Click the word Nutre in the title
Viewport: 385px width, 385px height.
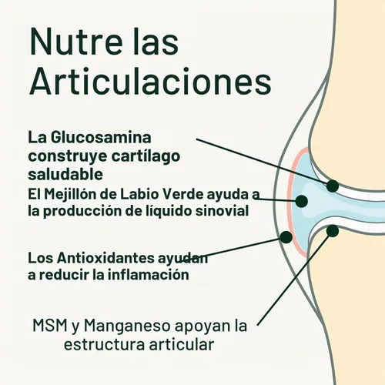[x=76, y=42]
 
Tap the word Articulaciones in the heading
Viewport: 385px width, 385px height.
[x=150, y=81]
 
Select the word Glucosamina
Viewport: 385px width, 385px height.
[x=101, y=138]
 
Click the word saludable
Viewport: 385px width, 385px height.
[x=65, y=174]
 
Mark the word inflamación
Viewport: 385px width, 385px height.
[x=148, y=275]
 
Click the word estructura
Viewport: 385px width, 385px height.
[x=104, y=345]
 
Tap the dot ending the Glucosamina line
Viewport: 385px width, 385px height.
[x=333, y=186]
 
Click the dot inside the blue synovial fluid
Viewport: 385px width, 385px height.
[x=302, y=201]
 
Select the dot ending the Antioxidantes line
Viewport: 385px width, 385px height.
[x=286, y=237]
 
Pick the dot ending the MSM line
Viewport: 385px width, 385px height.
[x=333, y=231]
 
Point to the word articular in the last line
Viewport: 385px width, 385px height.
[x=182, y=344]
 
